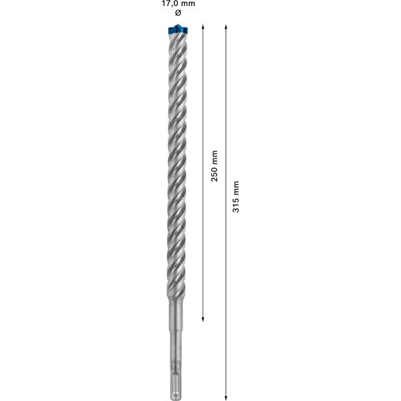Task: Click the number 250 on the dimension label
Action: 215,177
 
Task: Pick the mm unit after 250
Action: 215,159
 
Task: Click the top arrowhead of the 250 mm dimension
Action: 202,27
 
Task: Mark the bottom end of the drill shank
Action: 176,394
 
